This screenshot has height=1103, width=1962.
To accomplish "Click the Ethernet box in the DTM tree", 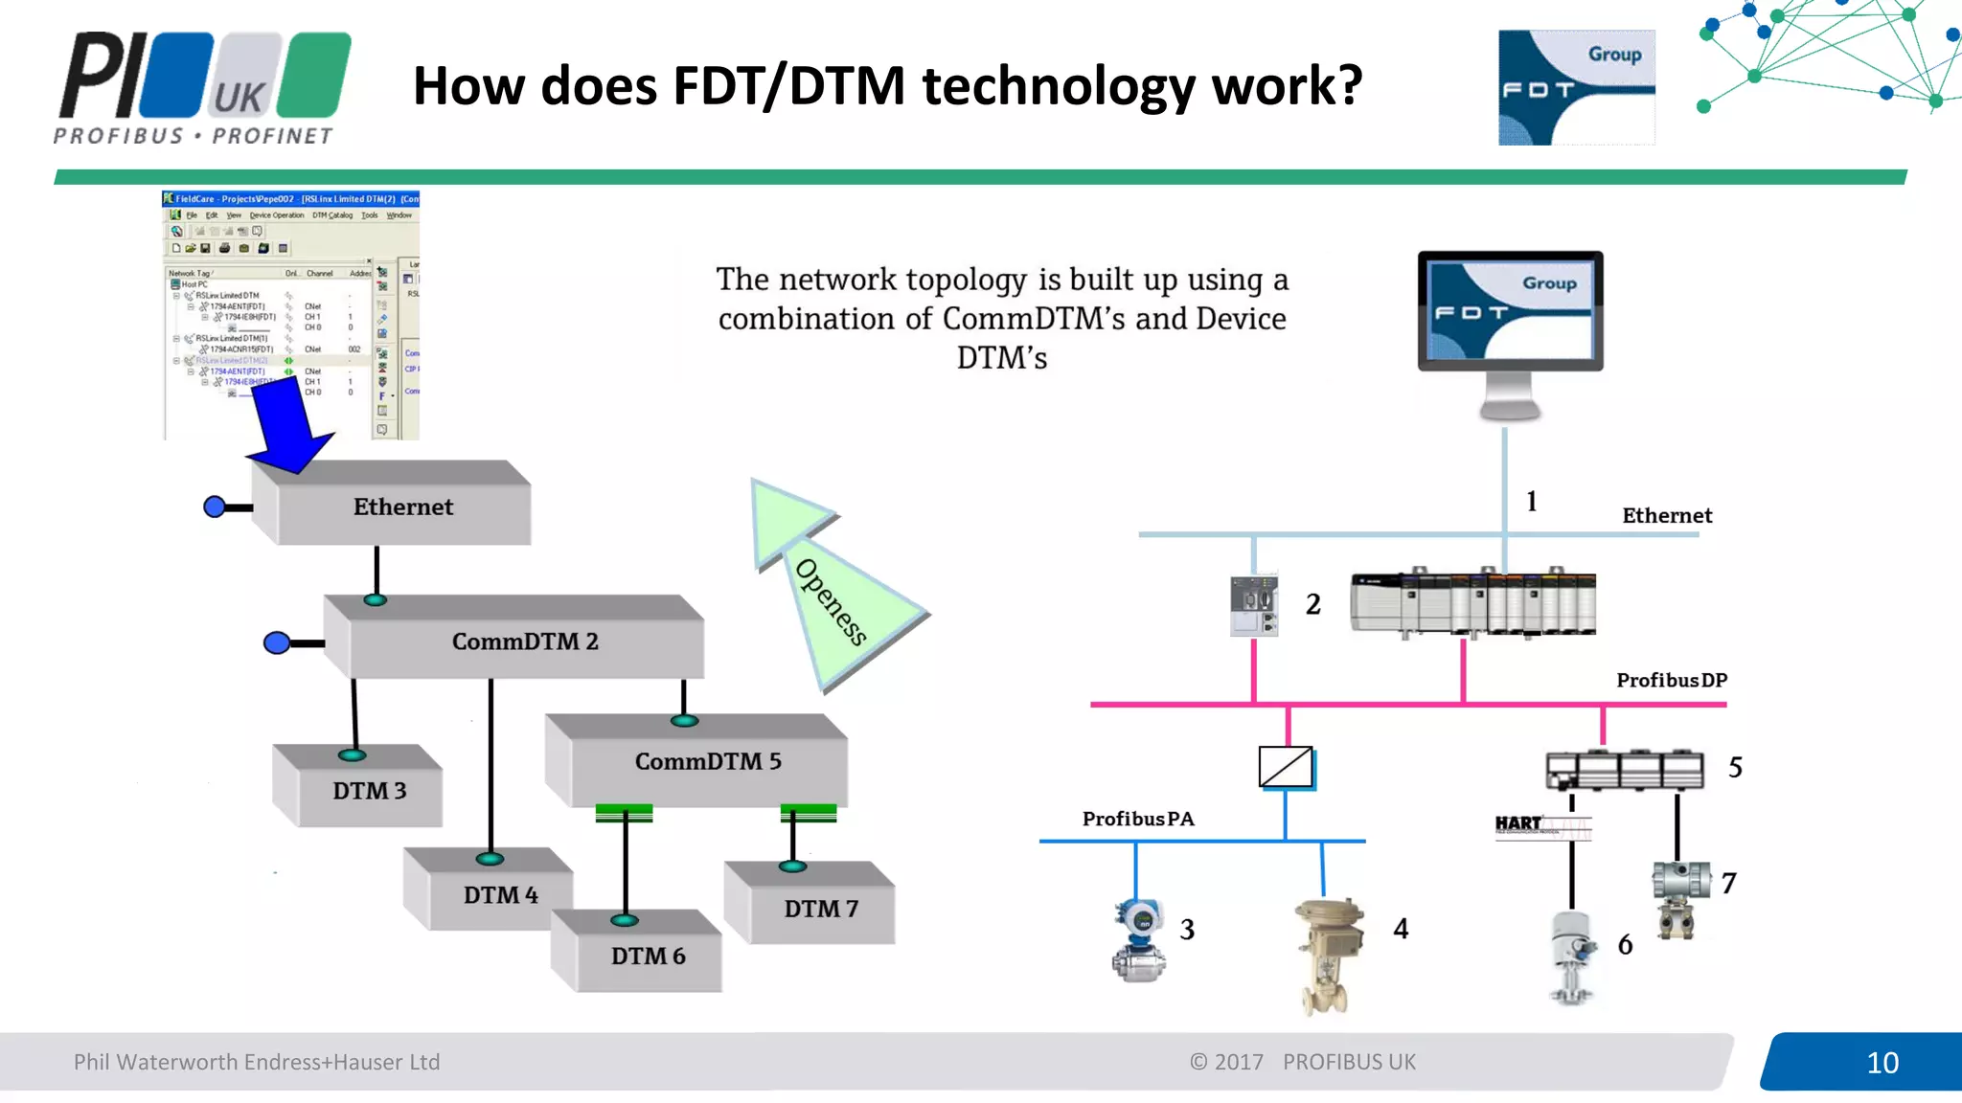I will tap(402, 507).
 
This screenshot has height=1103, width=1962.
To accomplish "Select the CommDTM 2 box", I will tap(525, 642).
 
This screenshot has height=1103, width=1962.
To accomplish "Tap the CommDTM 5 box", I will tap(707, 762).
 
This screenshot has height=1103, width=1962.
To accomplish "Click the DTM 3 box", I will tap(369, 791).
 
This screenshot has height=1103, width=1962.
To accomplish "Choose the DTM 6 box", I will tap(648, 957).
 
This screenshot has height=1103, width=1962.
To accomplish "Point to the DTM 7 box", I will tap(820, 909).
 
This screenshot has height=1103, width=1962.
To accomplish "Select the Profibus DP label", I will tap(1671, 681).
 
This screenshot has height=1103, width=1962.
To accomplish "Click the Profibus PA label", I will tap(1137, 820).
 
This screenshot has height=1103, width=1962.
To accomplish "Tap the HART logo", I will tap(1518, 824).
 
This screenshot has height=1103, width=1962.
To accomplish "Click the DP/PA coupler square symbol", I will tap(1286, 768).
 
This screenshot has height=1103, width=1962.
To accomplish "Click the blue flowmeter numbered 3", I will tap(1139, 940).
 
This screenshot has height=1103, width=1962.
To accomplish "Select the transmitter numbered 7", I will tap(1679, 895).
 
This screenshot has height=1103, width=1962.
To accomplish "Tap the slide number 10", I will tap(1882, 1063).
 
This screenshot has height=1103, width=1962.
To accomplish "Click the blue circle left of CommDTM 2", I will tap(277, 643).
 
